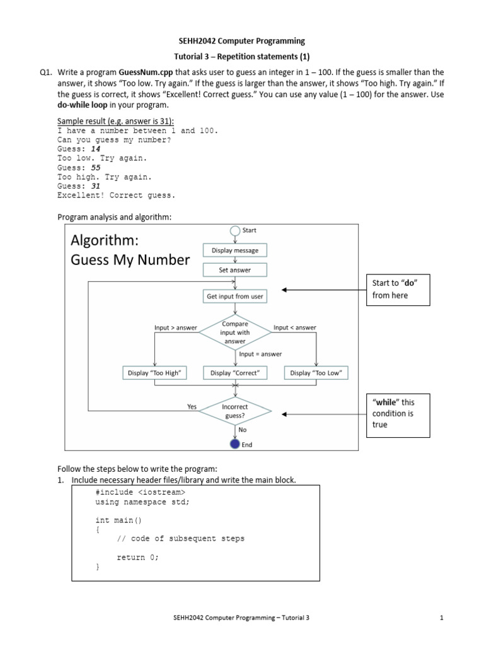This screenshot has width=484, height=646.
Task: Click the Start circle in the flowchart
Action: point(235,231)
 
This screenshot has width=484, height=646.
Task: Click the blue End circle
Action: point(235,443)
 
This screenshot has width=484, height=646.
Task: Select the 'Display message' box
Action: point(235,250)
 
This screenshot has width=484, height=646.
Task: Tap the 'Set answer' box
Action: point(235,270)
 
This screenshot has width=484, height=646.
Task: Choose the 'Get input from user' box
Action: point(235,296)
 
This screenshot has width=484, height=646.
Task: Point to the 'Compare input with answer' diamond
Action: point(235,332)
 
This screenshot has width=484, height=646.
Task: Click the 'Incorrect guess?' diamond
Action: point(235,412)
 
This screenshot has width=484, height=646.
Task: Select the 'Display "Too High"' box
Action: point(154,373)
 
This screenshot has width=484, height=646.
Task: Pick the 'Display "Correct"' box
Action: point(235,373)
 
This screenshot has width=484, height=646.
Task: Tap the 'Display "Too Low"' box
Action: point(316,373)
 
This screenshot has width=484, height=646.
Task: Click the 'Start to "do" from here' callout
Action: point(397,290)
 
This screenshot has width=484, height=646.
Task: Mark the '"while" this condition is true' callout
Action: point(397,414)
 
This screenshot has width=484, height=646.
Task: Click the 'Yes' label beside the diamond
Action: point(192,407)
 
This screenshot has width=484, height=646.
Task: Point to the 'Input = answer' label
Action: point(260,354)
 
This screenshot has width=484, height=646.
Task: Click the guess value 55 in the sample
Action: point(96,168)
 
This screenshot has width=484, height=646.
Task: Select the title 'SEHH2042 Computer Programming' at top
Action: point(241,41)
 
